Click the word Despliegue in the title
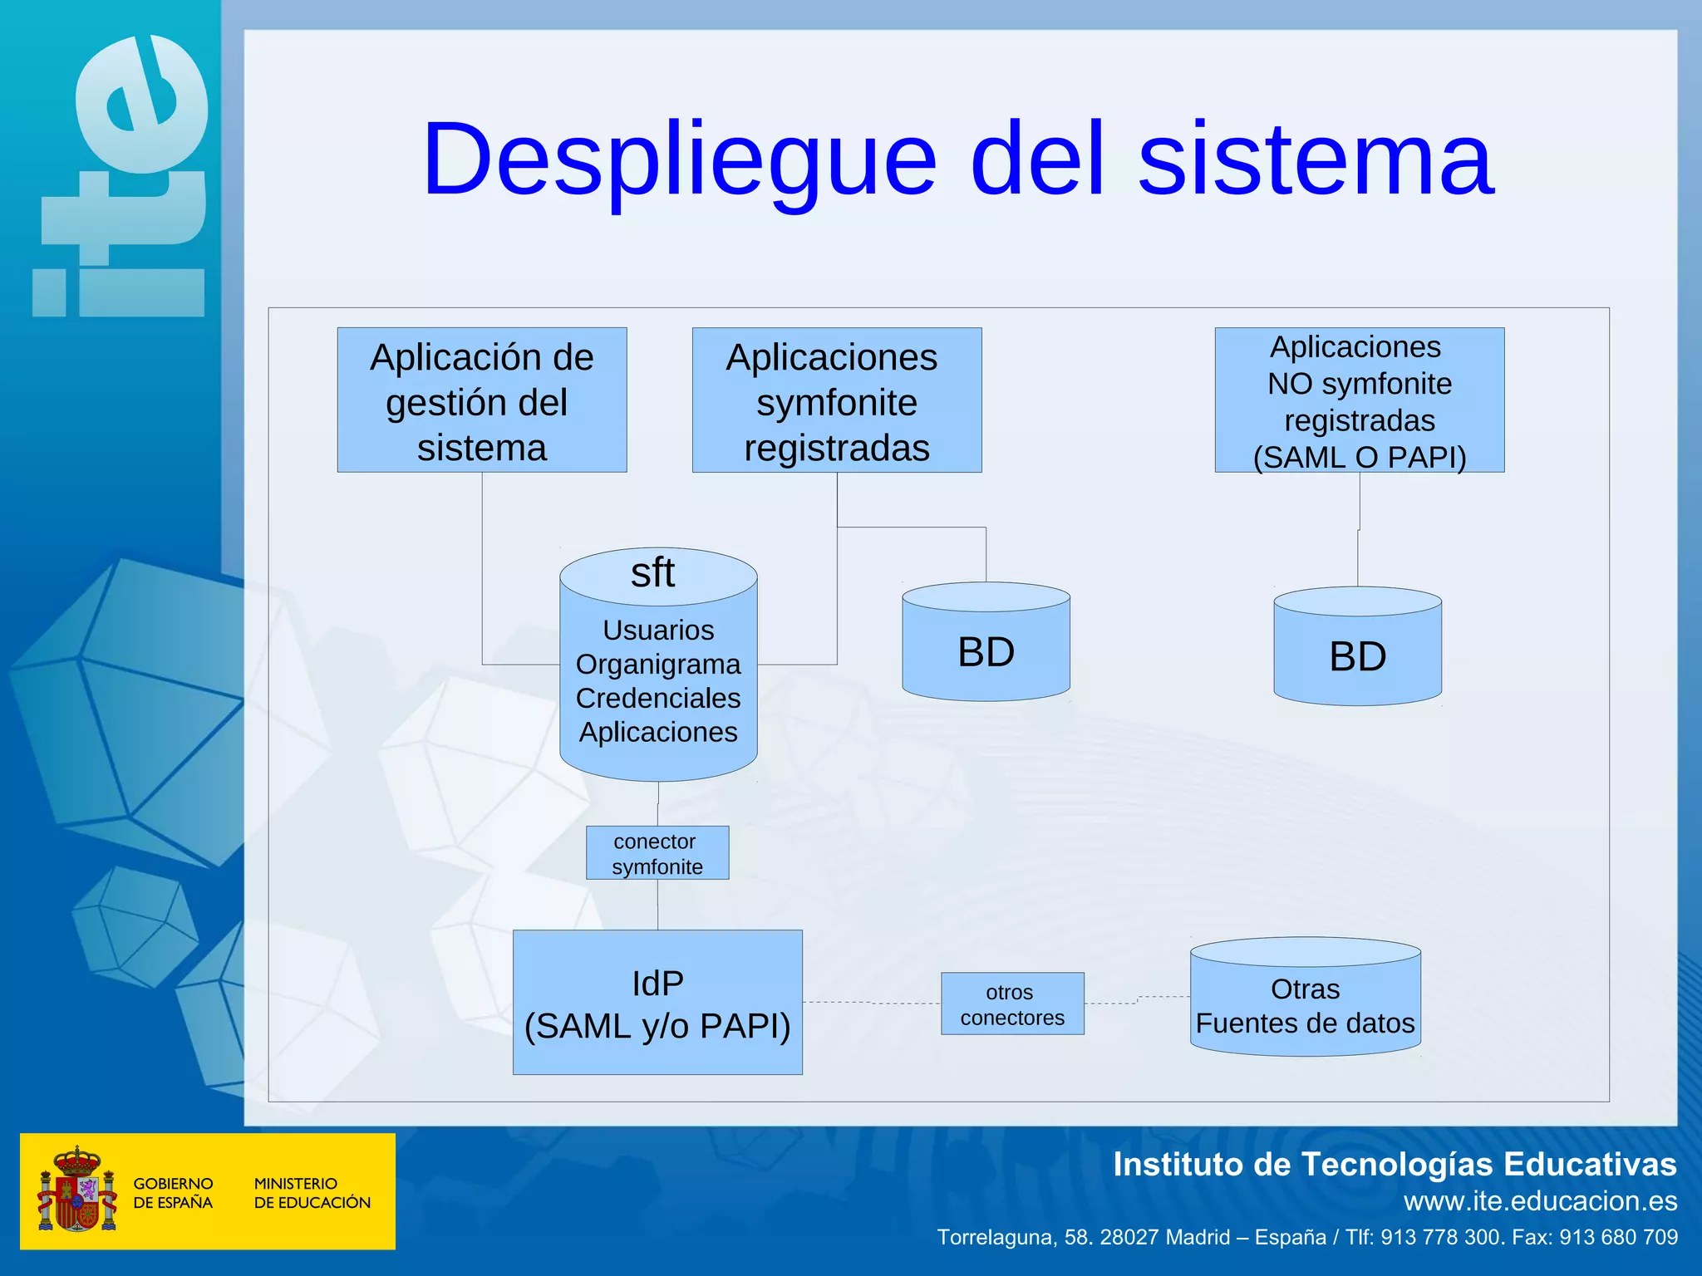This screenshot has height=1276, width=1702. (680, 159)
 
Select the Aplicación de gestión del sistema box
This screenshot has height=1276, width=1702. (482, 400)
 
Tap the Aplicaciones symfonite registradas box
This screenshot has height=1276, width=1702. (836, 400)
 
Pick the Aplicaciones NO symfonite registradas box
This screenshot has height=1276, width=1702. (1359, 400)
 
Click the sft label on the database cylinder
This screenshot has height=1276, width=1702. (653, 573)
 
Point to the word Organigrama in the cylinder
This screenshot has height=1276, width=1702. (658, 665)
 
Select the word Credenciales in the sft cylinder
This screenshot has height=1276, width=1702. (658, 699)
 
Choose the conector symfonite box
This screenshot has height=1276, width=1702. (657, 853)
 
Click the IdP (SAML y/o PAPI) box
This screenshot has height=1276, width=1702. (657, 1003)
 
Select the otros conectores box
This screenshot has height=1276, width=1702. (1011, 1004)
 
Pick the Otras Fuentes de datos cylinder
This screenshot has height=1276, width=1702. (1305, 1005)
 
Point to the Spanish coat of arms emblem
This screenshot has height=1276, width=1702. (76, 1190)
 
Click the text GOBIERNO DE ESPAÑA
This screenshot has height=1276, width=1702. (173, 1192)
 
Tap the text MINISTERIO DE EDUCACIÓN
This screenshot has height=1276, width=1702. (312, 1192)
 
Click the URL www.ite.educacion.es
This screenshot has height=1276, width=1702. (1540, 1201)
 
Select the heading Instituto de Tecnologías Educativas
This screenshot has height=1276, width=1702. (1394, 1165)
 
